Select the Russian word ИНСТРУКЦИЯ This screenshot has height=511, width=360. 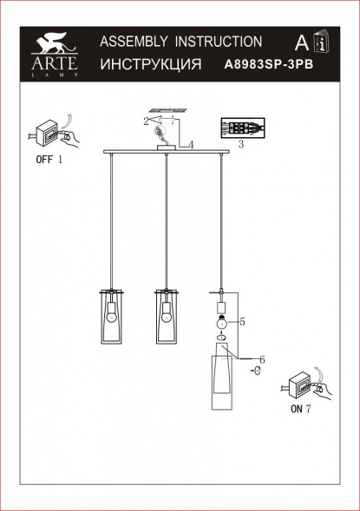(151, 65)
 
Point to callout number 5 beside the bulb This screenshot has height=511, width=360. (242, 323)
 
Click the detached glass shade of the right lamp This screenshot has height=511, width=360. (223, 382)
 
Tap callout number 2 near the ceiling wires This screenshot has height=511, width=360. (147, 122)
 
